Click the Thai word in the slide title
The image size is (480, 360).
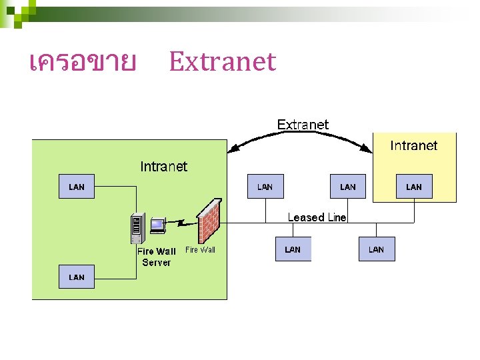click(83, 63)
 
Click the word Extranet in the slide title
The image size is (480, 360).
click(222, 62)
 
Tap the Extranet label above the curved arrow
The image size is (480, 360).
click(303, 125)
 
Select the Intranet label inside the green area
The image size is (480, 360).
click(163, 167)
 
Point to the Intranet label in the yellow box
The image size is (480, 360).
click(413, 145)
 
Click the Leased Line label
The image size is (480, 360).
click(317, 217)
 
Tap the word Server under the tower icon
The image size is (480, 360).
click(156, 263)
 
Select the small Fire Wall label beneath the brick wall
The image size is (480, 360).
click(200, 250)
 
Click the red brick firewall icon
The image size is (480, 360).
click(209, 222)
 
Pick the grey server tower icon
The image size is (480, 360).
click(138, 229)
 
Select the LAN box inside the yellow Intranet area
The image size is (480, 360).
click(414, 187)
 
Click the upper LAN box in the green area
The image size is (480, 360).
click(77, 187)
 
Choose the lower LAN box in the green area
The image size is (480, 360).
click(77, 277)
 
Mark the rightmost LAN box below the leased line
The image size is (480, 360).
click(376, 249)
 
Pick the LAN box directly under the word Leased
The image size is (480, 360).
click(293, 249)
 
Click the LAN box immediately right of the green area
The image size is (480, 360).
click(265, 187)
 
